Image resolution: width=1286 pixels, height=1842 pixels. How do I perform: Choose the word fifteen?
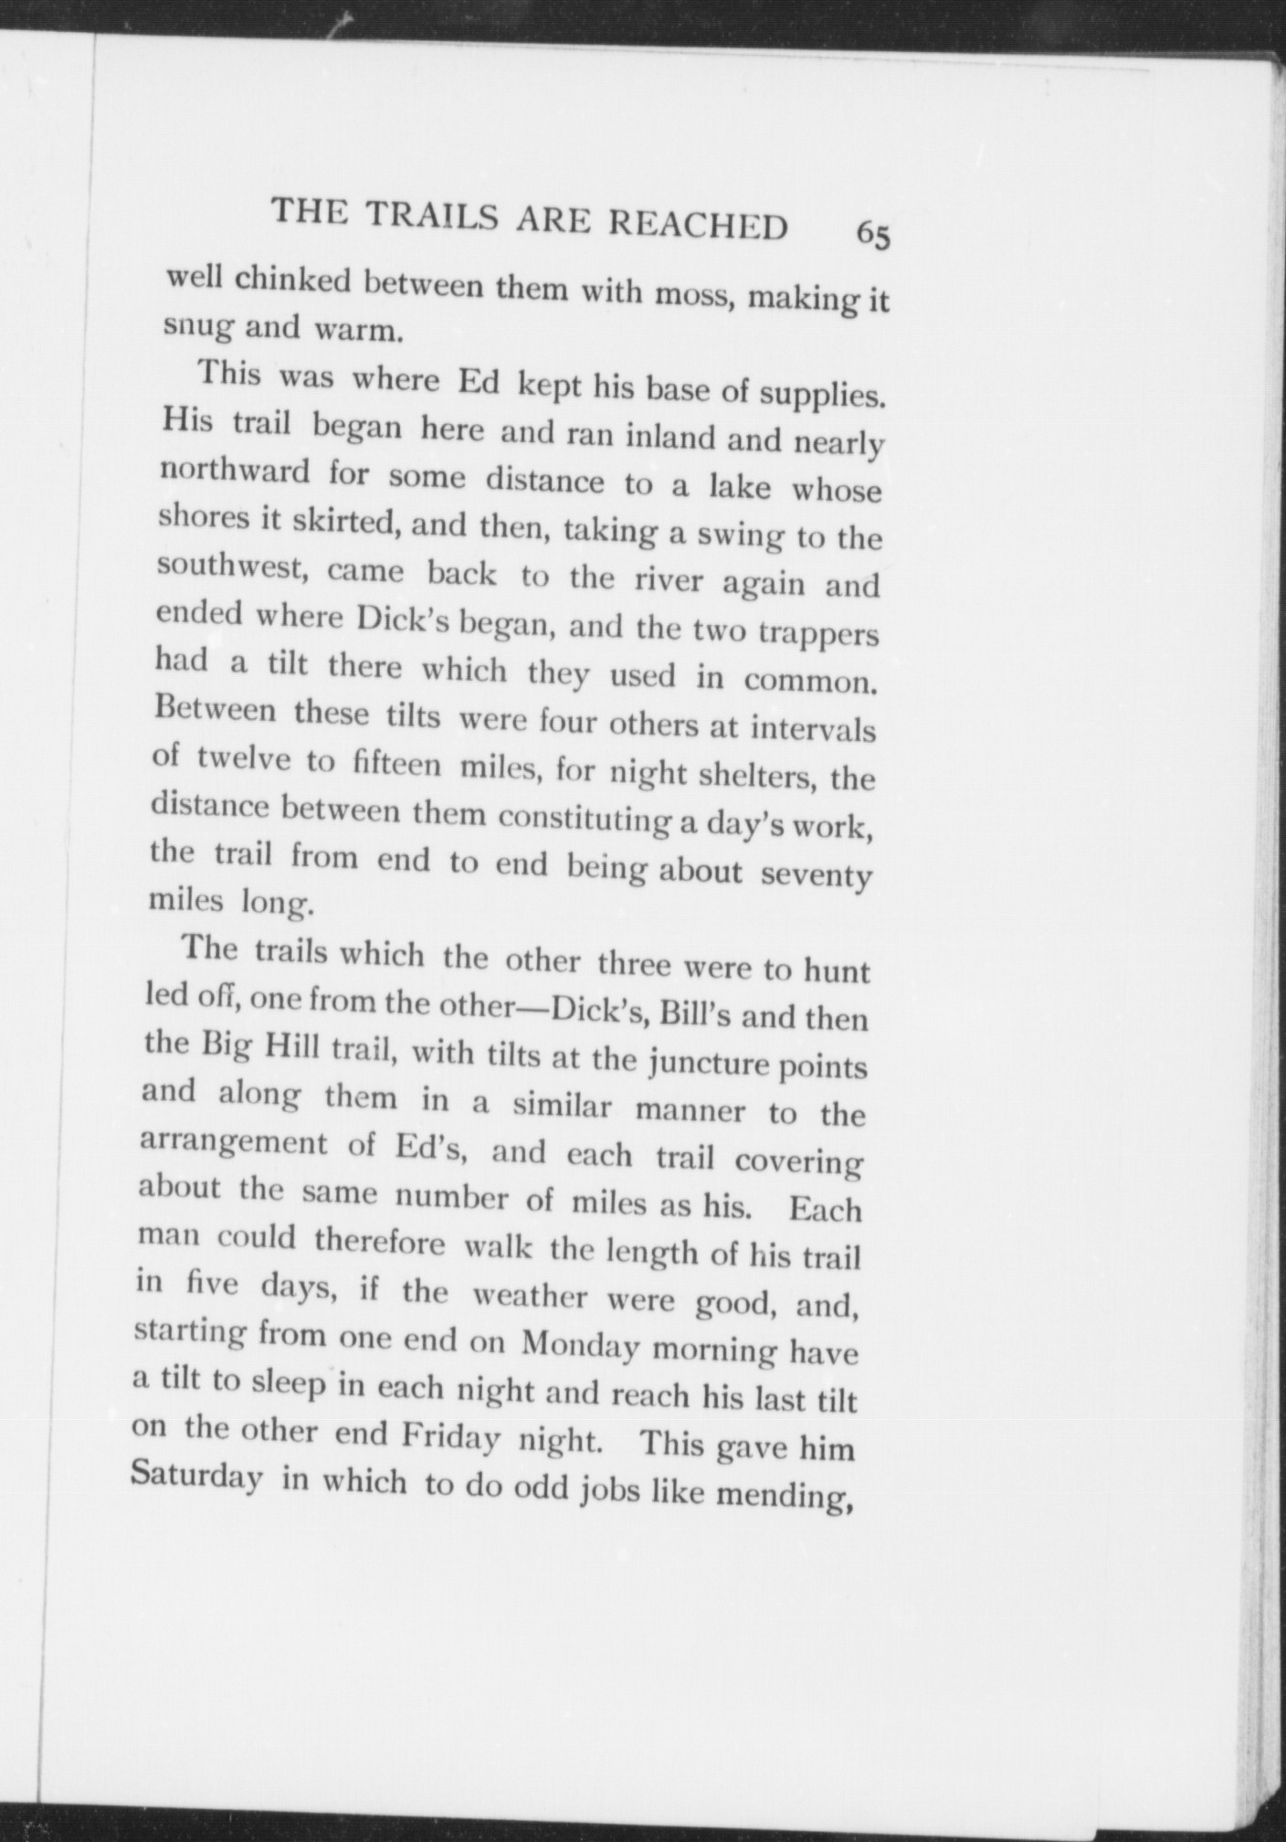(x=396, y=764)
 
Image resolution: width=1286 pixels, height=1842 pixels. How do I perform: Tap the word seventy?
(x=816, y=875)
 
